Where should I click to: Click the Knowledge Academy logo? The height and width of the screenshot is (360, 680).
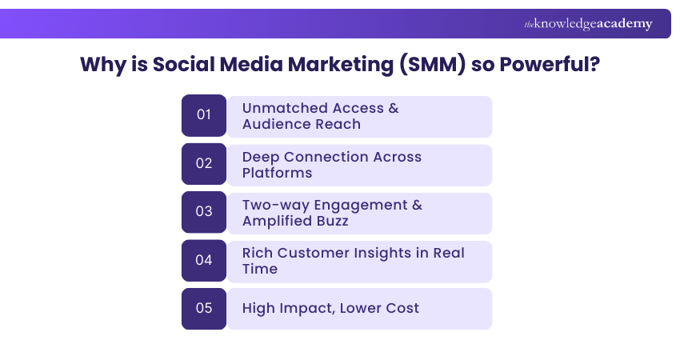(588, 24)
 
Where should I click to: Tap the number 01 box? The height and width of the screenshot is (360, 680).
(204, 115)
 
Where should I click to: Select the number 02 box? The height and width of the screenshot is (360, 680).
(204, 163)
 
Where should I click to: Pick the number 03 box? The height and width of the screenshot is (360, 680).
(204, 211)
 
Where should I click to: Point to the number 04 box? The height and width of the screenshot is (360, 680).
(204, 260)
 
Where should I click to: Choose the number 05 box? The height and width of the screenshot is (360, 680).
(204, 308)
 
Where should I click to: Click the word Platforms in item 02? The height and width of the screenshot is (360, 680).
(277, 173)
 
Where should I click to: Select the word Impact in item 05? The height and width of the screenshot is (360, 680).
(306, 308)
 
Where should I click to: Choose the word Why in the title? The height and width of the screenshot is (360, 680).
(102, 65)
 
